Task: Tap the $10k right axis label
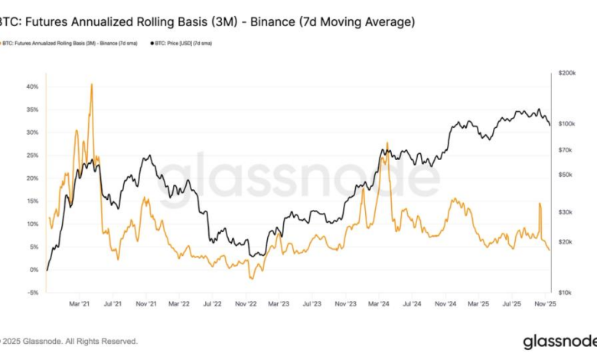(x=565, y=293)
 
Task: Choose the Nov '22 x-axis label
(x=246, y=304)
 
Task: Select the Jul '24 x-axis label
(x=412, y=304)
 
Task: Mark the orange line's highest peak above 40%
(x=92, y=83)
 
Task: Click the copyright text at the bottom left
(x=69, y=341)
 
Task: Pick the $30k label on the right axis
(x=565, y=211)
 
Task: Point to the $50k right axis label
(x=565, y=175)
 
